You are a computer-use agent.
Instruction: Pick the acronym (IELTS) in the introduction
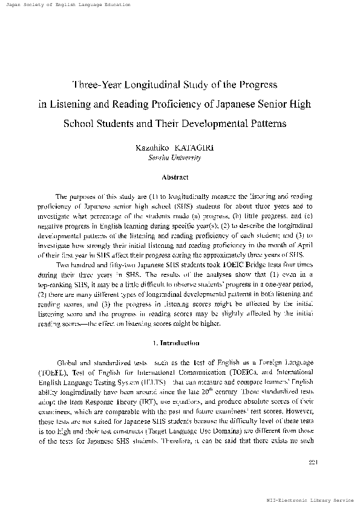[148, 382]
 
